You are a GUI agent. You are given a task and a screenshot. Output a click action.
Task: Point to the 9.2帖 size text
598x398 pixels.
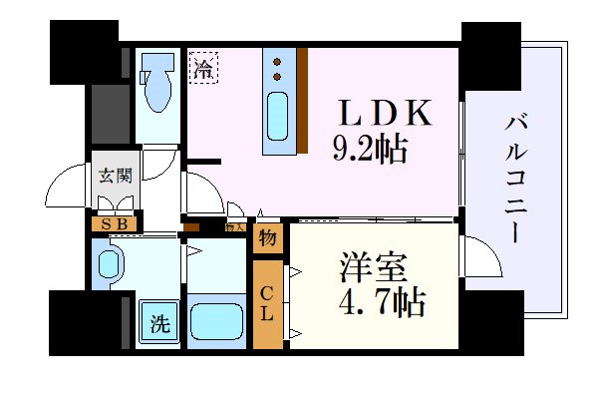tap(369, 150)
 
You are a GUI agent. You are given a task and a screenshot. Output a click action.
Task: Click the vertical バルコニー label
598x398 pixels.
tap(516, 180)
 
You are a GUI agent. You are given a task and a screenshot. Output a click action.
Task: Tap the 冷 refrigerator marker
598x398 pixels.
tap(203, 70)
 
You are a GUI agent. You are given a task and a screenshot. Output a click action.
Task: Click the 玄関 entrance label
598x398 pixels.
tap(114, 177)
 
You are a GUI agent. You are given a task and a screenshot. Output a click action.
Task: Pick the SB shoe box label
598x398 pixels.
tap(114, 223)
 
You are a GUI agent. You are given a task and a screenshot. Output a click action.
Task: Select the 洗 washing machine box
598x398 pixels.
tap(158, 322)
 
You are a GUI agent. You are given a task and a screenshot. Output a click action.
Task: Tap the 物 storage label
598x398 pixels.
tap(267, 237)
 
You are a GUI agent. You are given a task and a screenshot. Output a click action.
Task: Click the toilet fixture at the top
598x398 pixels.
tap(156, 87)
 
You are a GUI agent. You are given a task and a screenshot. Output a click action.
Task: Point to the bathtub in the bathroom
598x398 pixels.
tap(216, 322)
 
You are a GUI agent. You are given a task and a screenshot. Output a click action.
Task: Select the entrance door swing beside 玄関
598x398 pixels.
tap(70, 185)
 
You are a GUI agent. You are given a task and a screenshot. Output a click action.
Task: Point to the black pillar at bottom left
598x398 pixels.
tap(84, 321)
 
